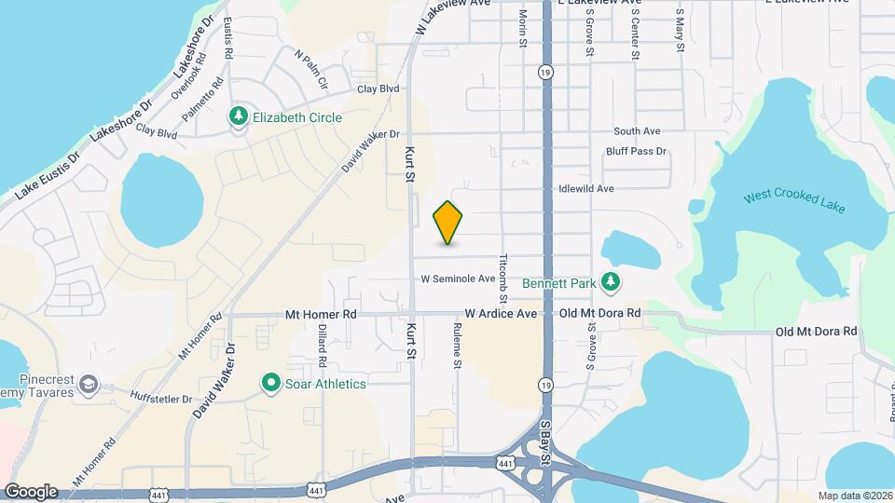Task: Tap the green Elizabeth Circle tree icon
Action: pos(239,117)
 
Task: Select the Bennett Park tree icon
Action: pos(610,280)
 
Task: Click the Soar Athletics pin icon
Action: pos(271,383)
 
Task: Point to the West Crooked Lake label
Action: pos(793,201)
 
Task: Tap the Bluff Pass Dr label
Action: pos(636,151)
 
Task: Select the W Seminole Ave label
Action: pos(458,279)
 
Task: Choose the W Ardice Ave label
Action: pos(502,314)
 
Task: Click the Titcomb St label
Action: pos(503,277)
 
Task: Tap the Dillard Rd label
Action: pos(321,345)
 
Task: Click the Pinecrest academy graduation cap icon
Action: pos(88,384)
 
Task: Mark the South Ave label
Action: pos(637,131)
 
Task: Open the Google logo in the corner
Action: pos(31,491)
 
